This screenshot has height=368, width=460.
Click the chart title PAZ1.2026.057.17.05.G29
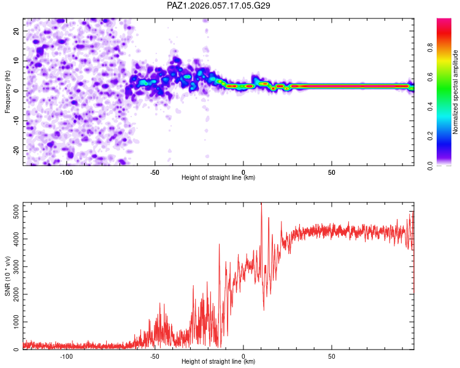(219, 6)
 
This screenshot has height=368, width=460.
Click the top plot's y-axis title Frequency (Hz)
(8, 91)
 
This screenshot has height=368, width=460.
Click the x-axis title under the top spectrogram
(218, 178)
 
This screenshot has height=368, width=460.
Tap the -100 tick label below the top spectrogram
(66, 171)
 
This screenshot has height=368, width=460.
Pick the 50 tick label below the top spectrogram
(331, 171)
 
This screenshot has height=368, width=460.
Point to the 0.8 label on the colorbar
(448, 47)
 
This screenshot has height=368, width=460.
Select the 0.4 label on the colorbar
(448, 107)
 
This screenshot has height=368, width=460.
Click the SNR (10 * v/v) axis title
(8, 276)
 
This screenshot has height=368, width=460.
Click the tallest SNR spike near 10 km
(261, 204)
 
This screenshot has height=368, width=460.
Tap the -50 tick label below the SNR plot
(155, 356)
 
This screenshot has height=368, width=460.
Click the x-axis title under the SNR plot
(218, 362)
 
